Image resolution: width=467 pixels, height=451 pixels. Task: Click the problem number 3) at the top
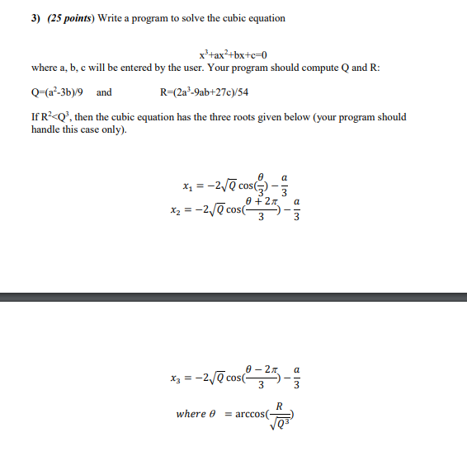coord(37,18)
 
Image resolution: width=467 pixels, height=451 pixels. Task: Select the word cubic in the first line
coord(235,18)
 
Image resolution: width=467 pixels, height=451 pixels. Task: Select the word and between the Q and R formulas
coord(104,92)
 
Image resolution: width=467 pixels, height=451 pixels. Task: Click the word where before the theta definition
coord(191,413)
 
